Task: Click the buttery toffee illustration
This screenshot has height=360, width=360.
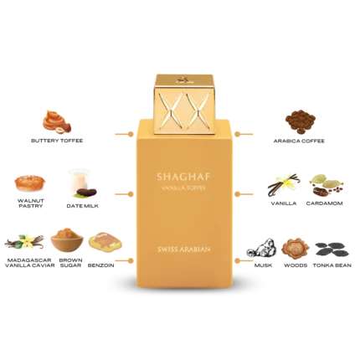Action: coord(57,121)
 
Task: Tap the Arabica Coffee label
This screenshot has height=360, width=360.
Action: coord(299,141)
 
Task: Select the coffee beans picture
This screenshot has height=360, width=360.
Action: coord(301,121)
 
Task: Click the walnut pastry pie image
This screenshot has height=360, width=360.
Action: coord(30,183)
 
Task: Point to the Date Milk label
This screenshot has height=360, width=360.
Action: coord(83,206)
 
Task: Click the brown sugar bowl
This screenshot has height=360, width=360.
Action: coord(67,240)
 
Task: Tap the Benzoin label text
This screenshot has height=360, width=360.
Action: coord(101,265)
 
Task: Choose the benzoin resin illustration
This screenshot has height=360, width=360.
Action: coord(105,241)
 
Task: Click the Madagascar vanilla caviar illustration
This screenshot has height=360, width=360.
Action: coord(24,241)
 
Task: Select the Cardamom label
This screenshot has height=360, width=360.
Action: coord(324,203)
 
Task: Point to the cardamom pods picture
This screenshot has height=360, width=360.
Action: coord(326,185)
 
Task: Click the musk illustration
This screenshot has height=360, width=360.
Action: coord(262,248)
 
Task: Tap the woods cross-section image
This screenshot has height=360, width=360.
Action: coord(296,248)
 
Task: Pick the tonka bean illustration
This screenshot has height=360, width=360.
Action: coord(332,249)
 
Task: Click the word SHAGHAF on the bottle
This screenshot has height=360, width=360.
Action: coord(183,177)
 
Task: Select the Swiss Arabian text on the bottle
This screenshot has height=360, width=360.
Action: coord(184,249)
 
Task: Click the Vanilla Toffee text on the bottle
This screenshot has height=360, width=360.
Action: coord(184,188)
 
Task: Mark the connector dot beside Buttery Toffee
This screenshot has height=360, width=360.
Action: coord(131,134)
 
